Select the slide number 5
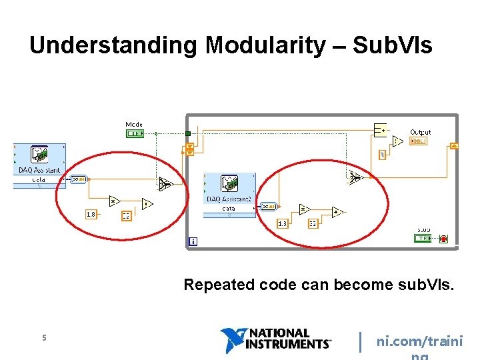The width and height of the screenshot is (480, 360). pos(44,338)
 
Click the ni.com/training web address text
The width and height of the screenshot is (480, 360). pos(419,343)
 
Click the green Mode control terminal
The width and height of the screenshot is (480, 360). pos(134,133)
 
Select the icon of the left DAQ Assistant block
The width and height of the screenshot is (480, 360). pos(39,155)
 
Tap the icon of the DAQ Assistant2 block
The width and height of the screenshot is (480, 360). pos(229,185)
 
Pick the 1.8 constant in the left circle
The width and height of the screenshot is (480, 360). pos(91,214)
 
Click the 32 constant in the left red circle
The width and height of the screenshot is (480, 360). pos(126,216)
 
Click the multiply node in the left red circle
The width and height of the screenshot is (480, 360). pos(114,201)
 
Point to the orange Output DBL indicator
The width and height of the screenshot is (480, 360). pos(419,141)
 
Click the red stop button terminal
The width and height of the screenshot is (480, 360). pos(443,238)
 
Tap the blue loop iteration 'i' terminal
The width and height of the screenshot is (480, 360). pos(193,241)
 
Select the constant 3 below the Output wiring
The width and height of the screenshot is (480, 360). pos(382,155)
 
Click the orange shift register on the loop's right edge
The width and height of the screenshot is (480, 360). pos(454,146)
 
